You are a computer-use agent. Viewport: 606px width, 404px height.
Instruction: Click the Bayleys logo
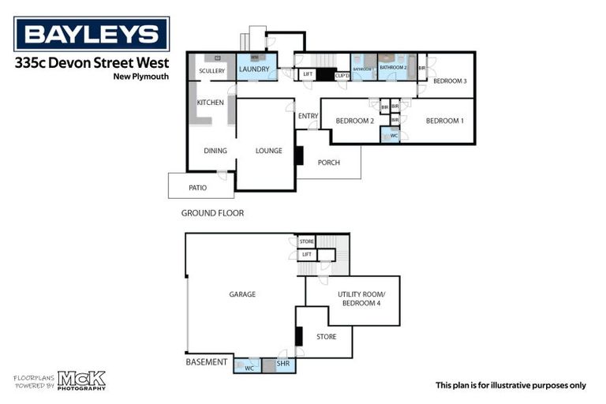92,34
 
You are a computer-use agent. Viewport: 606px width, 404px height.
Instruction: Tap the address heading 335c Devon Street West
92,63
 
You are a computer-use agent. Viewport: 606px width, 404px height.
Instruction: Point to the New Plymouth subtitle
140,77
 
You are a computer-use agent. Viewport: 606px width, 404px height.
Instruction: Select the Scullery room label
211,71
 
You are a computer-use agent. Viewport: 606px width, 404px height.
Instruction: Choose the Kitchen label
210,103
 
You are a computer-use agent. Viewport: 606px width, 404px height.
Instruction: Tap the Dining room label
215,151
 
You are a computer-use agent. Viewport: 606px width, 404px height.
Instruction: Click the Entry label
308,117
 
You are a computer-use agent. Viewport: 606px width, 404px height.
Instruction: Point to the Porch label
328,163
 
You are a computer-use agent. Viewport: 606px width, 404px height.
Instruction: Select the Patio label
197,188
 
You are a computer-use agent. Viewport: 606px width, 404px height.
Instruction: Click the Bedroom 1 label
445,121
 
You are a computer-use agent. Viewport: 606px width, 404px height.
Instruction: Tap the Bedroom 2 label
354,121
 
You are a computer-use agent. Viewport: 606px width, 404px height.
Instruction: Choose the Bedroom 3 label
450,81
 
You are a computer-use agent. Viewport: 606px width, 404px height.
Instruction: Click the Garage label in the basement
242,294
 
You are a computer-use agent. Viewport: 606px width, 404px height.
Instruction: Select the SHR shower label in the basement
282,365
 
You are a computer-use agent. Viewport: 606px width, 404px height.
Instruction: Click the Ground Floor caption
212,213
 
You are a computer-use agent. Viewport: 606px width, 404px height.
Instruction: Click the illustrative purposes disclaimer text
511,385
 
